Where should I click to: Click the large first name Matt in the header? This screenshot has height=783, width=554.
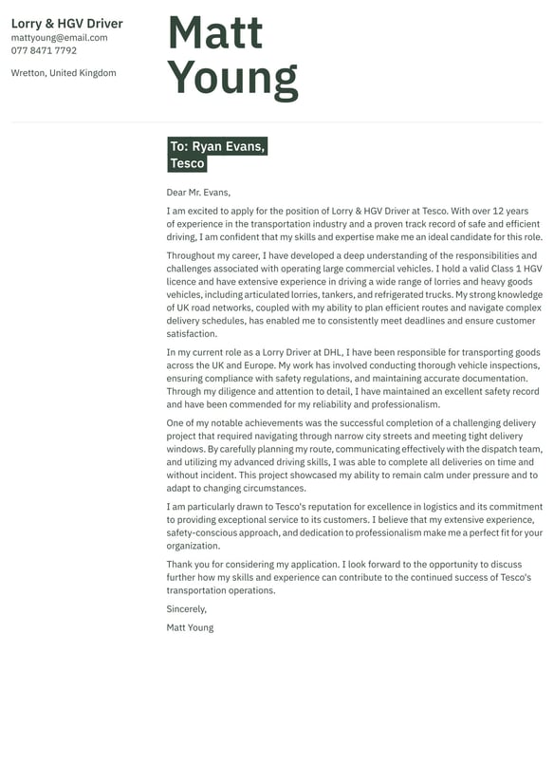click(214, 33)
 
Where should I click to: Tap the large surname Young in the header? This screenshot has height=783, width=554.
click(232, 79)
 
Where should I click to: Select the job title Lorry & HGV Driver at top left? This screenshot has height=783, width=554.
click(67, 24)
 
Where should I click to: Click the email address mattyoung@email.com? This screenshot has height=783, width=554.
click(59, 38)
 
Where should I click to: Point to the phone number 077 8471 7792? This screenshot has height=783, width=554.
click(44, 50)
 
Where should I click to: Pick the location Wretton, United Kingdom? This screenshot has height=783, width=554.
click(64, 73)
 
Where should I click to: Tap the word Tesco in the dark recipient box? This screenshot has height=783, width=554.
click(188, 163)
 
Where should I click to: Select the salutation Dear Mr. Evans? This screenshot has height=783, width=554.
click(198, 192)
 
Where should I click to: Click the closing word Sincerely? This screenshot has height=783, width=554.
click(186, 609)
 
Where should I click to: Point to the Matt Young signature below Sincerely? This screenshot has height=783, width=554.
click(190, 627)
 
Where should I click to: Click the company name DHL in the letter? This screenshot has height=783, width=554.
click(331, 352)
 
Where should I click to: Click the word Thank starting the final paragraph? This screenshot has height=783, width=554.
click(180, 565)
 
